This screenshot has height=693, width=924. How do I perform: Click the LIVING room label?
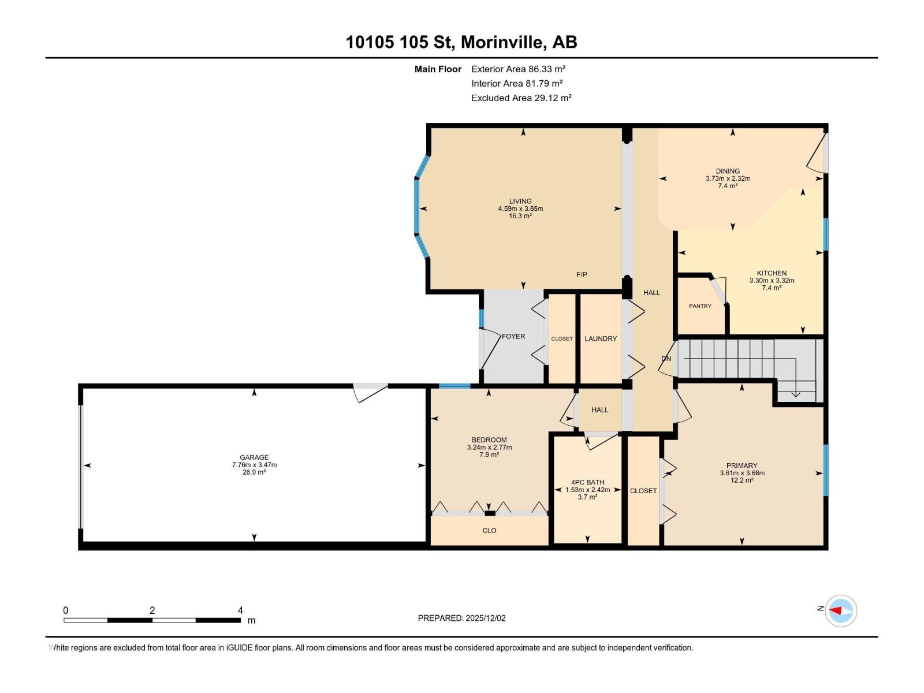click(520, 202)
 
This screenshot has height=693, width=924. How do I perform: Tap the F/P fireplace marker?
click(582, 275)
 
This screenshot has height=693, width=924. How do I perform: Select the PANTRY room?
click(700, 306)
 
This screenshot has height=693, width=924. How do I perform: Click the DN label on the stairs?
click(666, 359)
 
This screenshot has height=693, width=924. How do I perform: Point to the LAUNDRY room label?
click(601, 339)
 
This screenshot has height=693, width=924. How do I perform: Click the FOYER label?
click(513, 336)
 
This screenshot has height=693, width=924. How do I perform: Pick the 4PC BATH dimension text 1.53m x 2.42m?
click(587, 490)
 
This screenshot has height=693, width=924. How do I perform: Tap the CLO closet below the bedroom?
click(489, 531)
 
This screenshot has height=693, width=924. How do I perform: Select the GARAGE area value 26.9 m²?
click(254, 472)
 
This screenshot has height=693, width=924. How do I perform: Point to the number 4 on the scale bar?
click(240, 610)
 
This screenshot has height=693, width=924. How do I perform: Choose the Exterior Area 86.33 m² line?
click(518, 69)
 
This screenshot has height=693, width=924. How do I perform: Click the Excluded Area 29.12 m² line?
click(521, 98)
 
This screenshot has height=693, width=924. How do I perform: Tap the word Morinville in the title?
click(502, 42)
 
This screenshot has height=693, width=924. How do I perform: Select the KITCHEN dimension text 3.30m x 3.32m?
click(772, 281)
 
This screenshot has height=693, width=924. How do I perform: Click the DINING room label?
click(728, 171)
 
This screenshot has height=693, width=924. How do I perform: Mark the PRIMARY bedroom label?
click(742, 465)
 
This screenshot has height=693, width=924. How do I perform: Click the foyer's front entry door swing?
click(488, 349)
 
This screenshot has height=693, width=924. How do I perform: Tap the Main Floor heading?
click(438, 69)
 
